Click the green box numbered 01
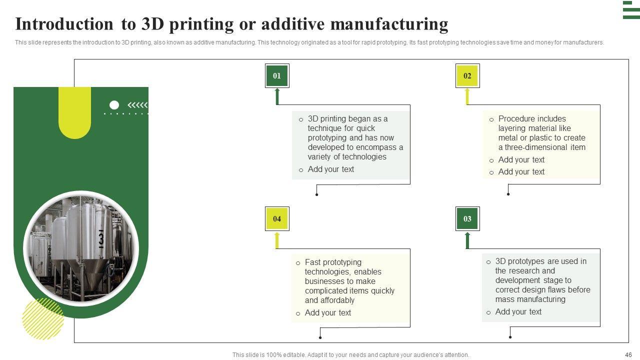pyautogui.click(x=277, y=76)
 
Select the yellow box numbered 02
pyautogui.click(x=467, y=76)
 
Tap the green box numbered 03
pyautogui.click(x=467, y=218)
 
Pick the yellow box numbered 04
pyautogui.click(x=277, y=218)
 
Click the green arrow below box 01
pyautogui.click(x=277, y=96)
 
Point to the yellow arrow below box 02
pyautogui.click(x=467, y=96)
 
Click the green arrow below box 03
pyautogui.click(x=467, y=240)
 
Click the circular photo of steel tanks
pyautogui.click(x=81, y=248)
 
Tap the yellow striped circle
pyautogui.click(x=43, y=319)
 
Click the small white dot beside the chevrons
pyautogui.click(x=114, y=105)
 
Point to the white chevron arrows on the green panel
pyautogui.click(x=138, y=105)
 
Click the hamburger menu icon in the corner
pyautogui.click(x=631, y=10)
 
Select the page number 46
pyautogui.click(x=628, y=354)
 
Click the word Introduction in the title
pyautogui.click(x=64, y=24)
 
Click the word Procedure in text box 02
pyautogui.click(x=518, y=119)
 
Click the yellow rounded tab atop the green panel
pyautogui.click(x=74, y=112)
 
